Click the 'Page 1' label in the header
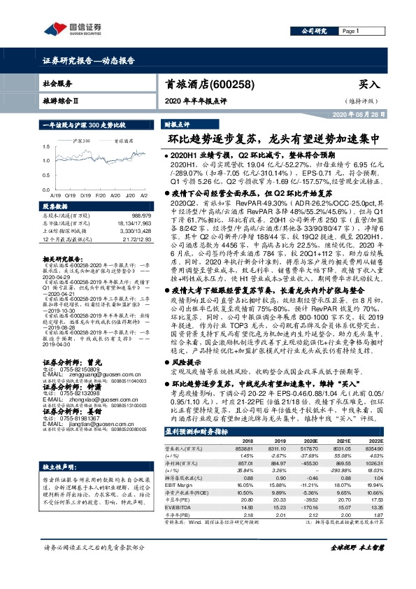[x=351, y=31]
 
